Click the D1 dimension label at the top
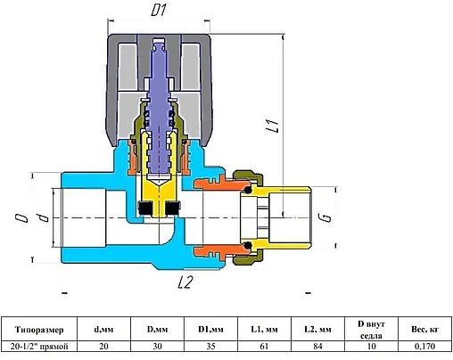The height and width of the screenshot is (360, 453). [x=158, y=11]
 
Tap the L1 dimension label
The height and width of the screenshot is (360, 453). [x=273, y=125]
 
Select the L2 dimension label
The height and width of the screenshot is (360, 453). [x=185, y=282]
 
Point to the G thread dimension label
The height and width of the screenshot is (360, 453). [x=326, y=217]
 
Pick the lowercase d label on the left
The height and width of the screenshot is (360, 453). [x=44, y=217]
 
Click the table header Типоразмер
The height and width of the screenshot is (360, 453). [x=39, y=330]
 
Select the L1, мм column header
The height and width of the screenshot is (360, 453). [x=264, y=330]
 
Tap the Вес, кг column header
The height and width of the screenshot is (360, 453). [x=424, y=330]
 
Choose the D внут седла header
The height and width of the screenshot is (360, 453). [x=371, y=330]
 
